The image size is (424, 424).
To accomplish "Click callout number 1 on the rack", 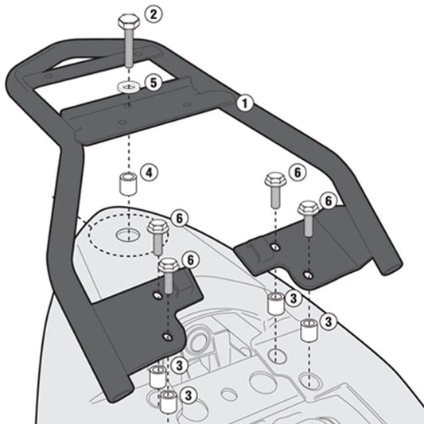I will pyautogui.click(x=246, y=102).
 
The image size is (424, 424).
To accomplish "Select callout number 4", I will pyautogui.click(x=149, y=171).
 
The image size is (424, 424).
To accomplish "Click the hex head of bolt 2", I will pyautogui.click(x=127, y=21).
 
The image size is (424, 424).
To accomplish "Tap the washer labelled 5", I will pyautogui.click(x=127, y=84).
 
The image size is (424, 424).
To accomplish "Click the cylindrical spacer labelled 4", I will pyautogui.click(x=126, y=185).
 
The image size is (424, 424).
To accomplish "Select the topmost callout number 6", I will pyautogui.click(x=297, y=171).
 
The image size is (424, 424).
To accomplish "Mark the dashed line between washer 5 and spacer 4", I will pyautogui.click(x=127, y=135).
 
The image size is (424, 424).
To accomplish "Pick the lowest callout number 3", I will pyautogui.click(x=189, y=395).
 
